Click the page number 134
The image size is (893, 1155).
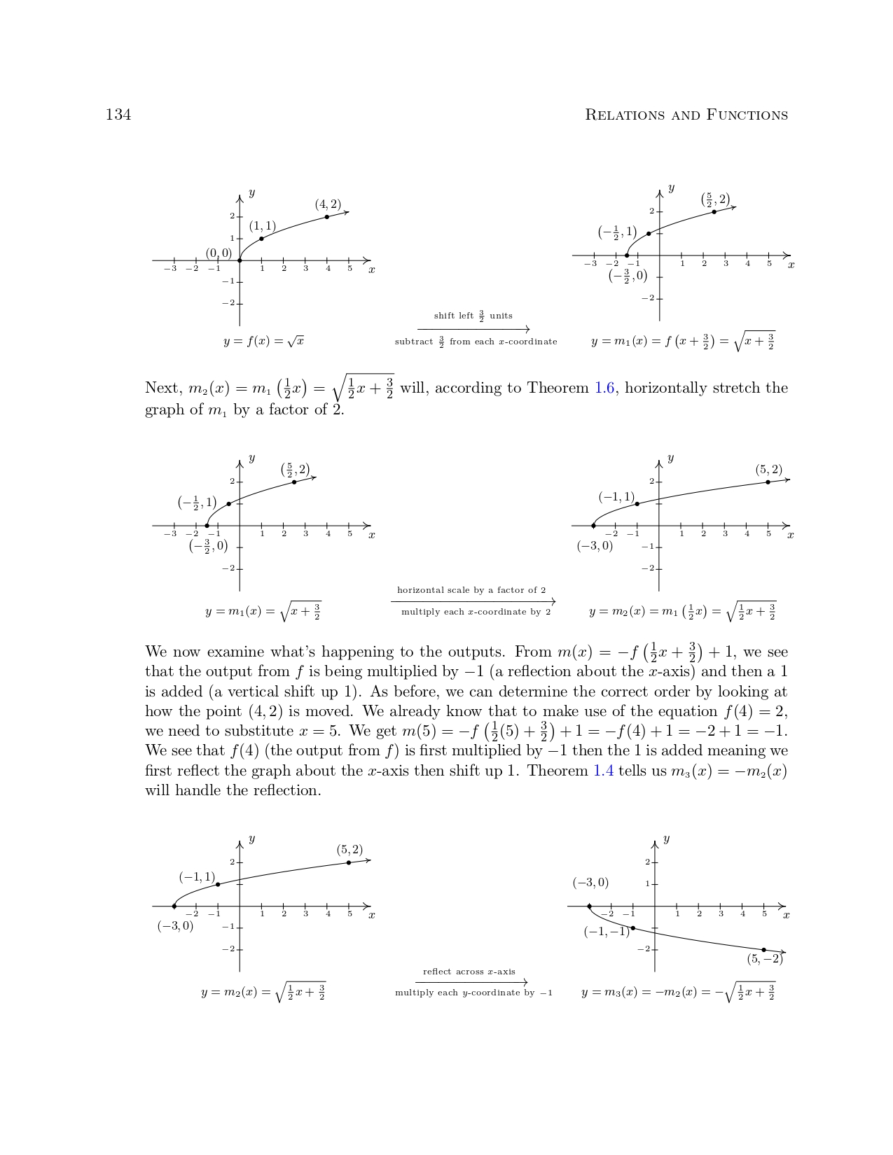tap(118, 115)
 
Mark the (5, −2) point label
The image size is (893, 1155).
tap(764, 959)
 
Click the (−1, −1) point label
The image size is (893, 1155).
tap(607, 932)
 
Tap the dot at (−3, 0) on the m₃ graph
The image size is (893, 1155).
tap(590, 906)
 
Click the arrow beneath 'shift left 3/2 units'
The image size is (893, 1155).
tap(473, 329)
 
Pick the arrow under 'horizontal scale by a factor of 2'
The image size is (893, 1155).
tap(473, 601)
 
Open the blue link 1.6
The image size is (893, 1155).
tap(605, 388)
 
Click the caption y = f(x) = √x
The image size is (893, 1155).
tap(263, 342)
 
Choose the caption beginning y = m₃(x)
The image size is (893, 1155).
tap(678, 993)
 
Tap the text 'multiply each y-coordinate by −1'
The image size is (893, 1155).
tap(473, 993)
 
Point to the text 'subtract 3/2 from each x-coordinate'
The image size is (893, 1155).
tap(476, 342)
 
